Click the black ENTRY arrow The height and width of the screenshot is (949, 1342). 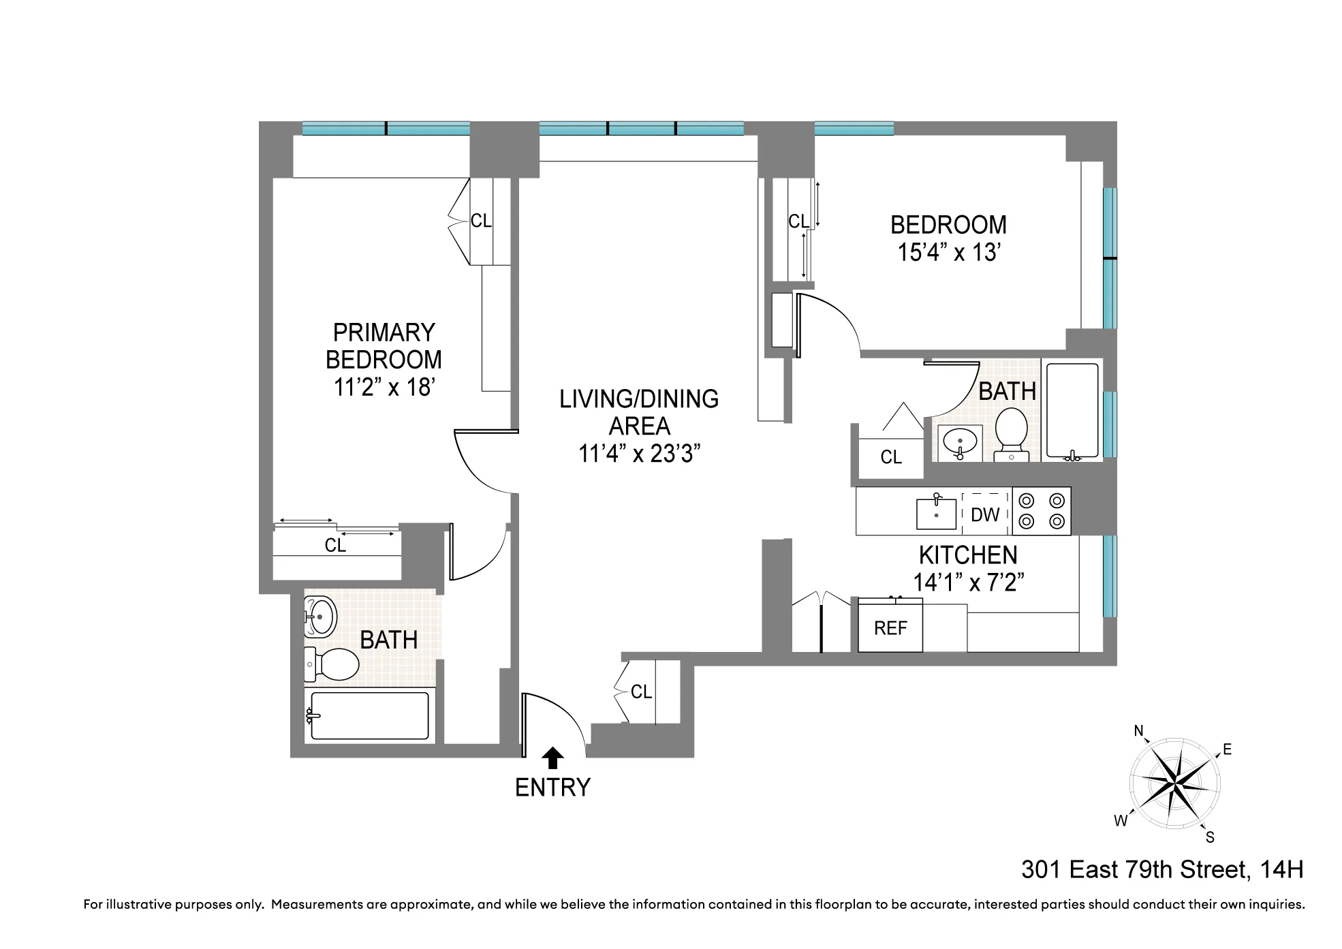[552, 758]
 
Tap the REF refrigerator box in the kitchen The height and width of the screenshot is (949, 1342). [890, 627]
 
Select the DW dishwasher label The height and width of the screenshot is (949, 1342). [985, 514]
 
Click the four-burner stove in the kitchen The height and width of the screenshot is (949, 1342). [1041, 511]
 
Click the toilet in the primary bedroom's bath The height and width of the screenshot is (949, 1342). [332, 664]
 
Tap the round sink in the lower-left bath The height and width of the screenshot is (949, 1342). [319, 617]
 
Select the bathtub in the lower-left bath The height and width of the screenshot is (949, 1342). [369, 715]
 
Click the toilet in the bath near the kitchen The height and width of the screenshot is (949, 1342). [1011, 433]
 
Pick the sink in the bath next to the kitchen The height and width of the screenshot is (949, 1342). [960, 443]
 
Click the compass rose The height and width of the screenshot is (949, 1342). [1174, 783]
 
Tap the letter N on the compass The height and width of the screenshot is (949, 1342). [1138, 732]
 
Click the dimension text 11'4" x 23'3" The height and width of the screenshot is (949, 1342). [639, 453]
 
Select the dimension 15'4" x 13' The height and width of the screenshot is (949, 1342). [948, 253]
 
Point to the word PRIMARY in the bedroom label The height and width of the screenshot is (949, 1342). [384, 332]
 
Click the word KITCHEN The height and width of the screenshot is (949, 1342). [968, 555]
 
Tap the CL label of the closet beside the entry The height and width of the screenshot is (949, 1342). [641, 692]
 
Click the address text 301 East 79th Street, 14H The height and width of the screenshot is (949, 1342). [1162, 870]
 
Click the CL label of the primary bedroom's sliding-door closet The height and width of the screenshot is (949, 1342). [335, 545]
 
